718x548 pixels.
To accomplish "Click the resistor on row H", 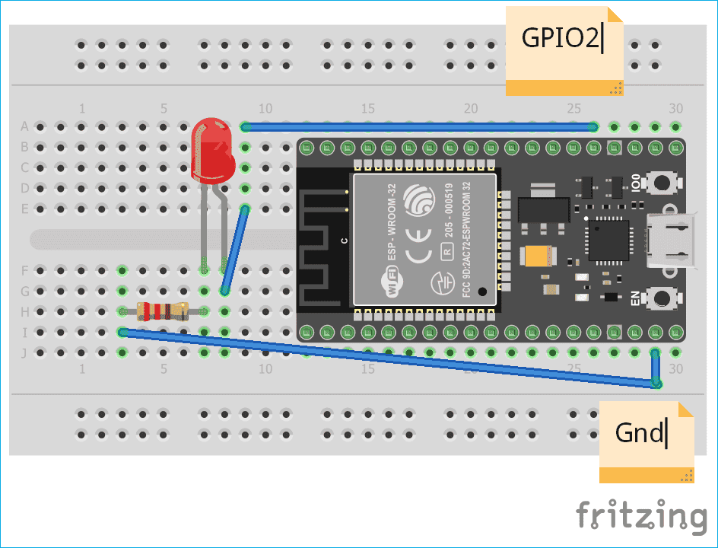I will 161,311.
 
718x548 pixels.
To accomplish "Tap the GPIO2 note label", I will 564,40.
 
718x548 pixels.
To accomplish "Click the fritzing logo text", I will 640,516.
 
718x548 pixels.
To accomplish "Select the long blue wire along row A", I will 418,127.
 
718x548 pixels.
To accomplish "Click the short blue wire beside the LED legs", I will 235,249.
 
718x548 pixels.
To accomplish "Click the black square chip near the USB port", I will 606,241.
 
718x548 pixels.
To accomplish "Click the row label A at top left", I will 24,126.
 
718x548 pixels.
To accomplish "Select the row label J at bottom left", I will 24,352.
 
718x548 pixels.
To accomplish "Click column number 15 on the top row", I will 368,109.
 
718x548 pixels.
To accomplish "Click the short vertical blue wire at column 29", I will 655,368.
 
